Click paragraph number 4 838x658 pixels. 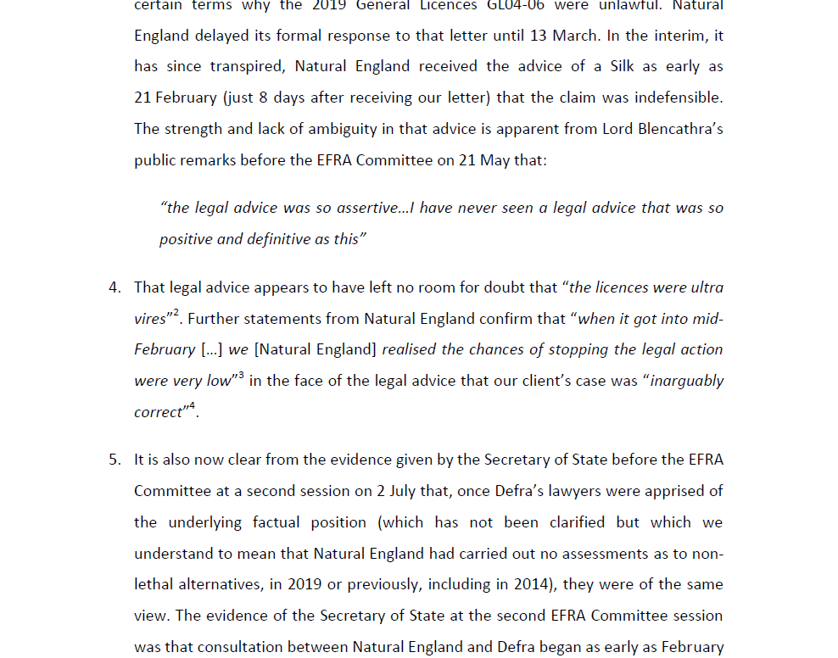115,287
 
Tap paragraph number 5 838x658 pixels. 115,460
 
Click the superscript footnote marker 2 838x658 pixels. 176,313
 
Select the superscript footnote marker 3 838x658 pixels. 241,375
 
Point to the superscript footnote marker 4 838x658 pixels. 192,406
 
